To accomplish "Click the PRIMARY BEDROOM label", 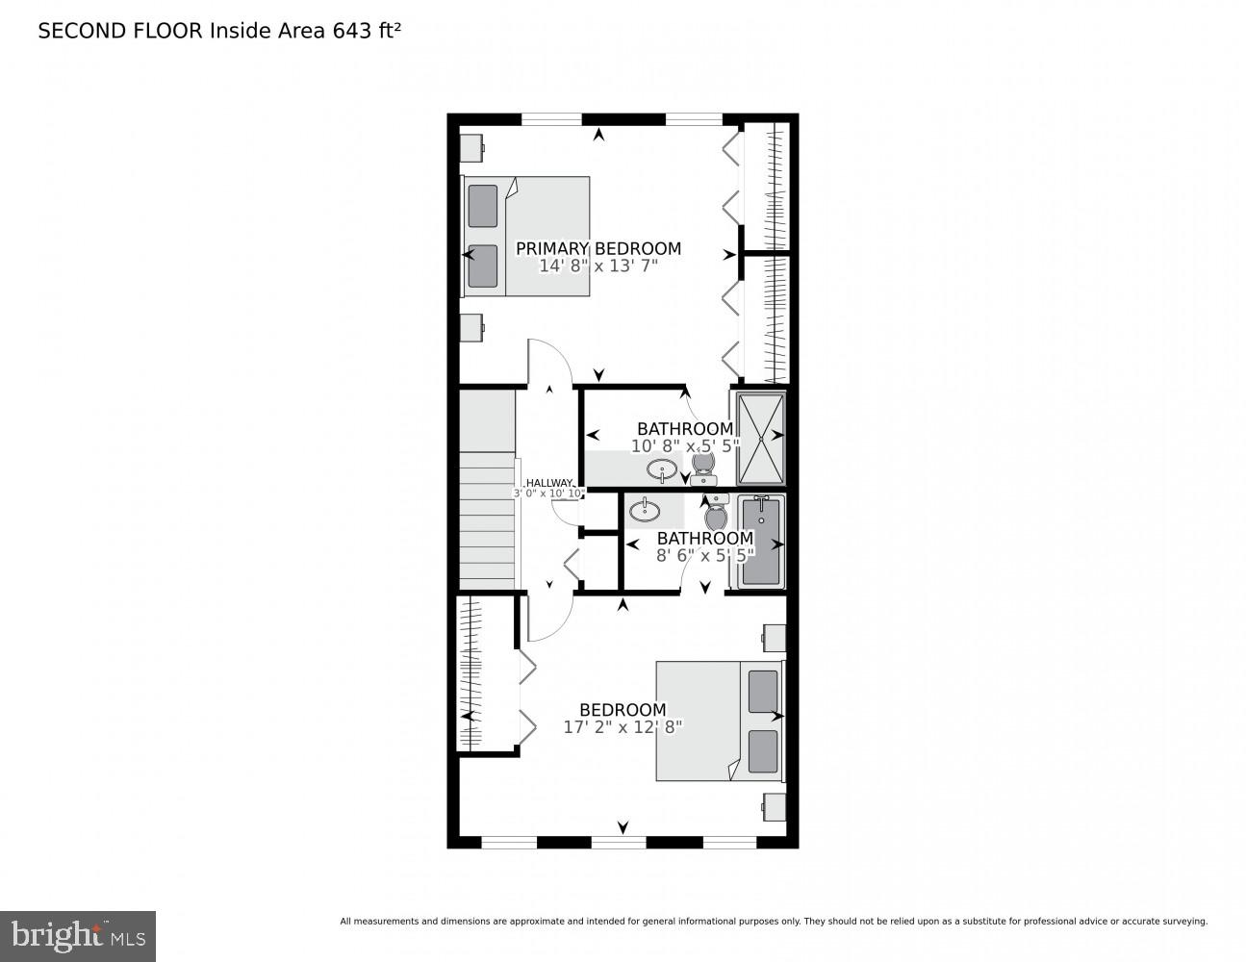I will [x=598, y=248].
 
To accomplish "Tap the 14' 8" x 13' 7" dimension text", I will [x=598, y=266].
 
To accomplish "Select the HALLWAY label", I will [x=549, y=483].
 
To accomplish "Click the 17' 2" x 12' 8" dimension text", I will [x=623, y=727].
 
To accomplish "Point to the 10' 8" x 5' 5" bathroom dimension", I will [x=684, y=446].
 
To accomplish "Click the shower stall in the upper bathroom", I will [x=761, y=438].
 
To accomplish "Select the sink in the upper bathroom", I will [x=662, y=470].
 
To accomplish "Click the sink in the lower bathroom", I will [x=642, y=509].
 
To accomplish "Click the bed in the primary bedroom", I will [x=527, y=236].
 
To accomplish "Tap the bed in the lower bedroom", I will [x=720, y=720].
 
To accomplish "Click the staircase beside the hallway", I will [x=488, y=519].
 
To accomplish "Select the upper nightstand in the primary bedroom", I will [x=470, y=148].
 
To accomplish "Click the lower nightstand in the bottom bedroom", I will [x=775, y=805].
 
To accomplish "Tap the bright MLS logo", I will [x=77, y=935].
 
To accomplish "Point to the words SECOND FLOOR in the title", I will [x=120, y=31].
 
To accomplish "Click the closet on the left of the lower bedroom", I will [x=469, y=672].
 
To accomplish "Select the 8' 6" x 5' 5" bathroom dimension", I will [x=705, y=554].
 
